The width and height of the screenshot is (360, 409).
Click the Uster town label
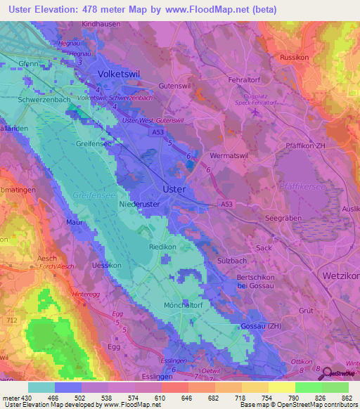pos(174,189)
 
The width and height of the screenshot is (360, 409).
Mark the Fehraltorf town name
pos(245,81)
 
